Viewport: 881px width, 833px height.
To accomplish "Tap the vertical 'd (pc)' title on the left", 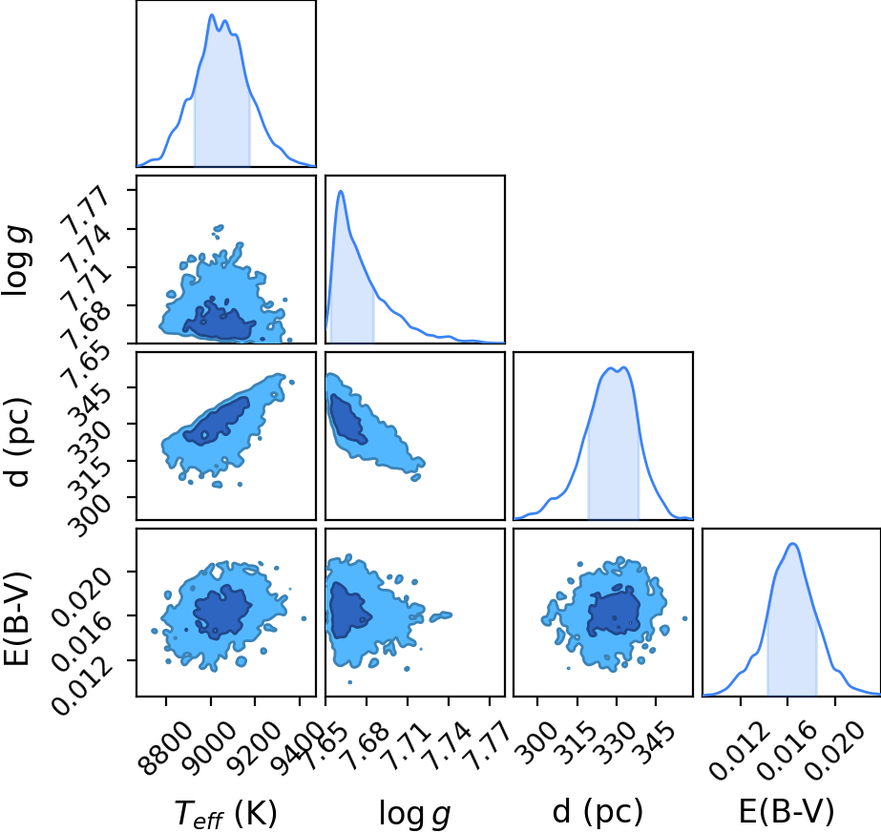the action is click(16, 442).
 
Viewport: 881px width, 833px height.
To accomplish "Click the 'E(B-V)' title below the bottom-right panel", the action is click(787, 811).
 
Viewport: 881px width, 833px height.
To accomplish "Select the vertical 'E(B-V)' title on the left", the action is click(16, 619).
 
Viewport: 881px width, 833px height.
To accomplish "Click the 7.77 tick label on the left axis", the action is click(85, 211).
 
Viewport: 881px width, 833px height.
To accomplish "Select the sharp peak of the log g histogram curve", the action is click(341, 191).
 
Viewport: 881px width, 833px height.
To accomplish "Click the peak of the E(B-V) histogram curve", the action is click(792, 543).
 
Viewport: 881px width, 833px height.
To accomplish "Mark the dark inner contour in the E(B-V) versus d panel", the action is click(614, 612).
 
